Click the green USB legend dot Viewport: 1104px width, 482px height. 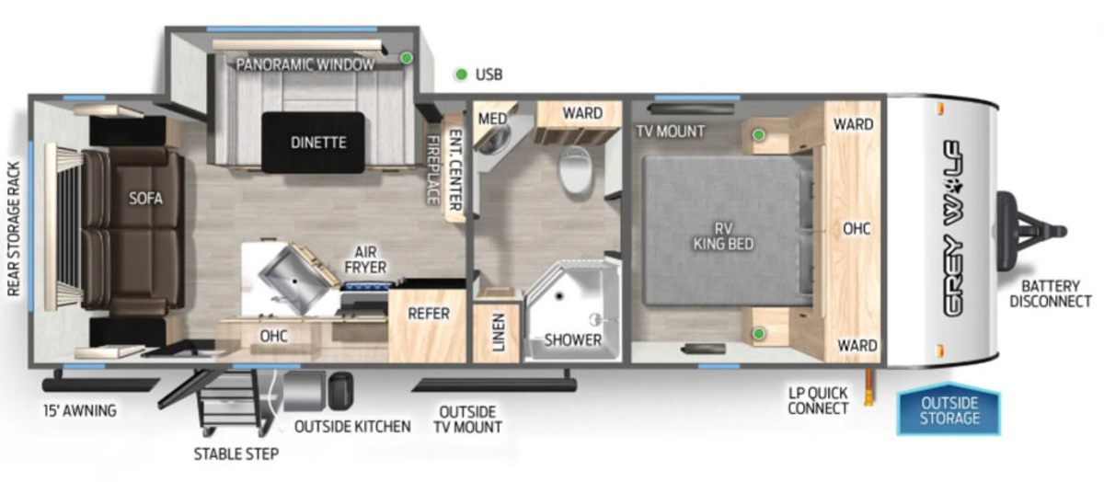click(461, 75)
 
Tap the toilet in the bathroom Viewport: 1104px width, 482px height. click(575, 169)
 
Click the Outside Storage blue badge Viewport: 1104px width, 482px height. click(949, 410)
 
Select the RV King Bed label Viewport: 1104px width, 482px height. click(723, 236)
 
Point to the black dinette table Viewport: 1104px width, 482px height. click(314, 143)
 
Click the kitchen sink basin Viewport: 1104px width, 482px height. click(294, 280)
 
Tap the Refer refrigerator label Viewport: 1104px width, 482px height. click(429, 314)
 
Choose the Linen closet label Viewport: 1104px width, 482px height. click(498, 332)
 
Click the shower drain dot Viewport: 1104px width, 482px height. click(559, 296)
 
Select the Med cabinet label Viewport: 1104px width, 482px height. click(492, 119)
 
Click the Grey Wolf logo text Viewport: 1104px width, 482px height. click(953, 228)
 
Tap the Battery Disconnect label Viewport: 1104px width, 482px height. click(1051, 293)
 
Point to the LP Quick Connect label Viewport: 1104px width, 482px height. click(818, 400)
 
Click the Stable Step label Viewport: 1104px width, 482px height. click(236, 453)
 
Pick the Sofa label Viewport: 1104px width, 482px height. click(145, 199)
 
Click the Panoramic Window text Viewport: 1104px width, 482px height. click(305, 64)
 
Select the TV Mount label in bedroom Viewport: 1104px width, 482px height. click(671, 132)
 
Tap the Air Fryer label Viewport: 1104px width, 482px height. click(365, 259)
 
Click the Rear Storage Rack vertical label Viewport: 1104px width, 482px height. click(14, 229)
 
